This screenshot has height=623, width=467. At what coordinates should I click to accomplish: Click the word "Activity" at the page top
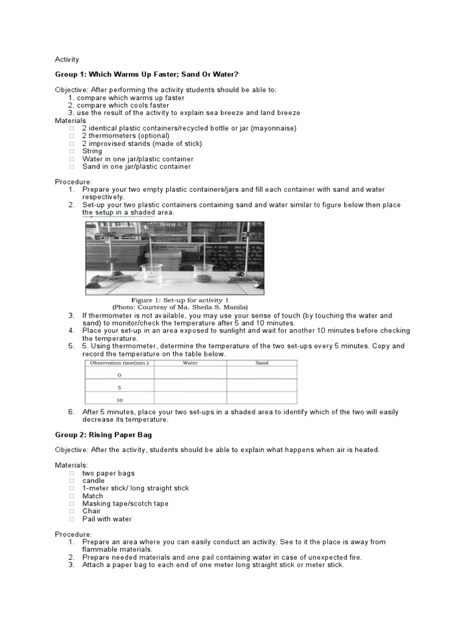(x=67, y=60)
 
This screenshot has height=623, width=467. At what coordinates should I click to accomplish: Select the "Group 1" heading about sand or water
(x=147, y=74)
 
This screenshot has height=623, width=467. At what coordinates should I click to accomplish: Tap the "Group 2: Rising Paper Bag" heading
(x=103, y=435)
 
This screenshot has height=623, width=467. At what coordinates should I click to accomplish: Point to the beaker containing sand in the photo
(x=204, y=274)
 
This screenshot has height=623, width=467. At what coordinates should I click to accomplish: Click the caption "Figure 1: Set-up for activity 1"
(x=180, y=300)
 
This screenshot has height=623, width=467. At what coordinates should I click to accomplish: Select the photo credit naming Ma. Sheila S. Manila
(x=180, y=307)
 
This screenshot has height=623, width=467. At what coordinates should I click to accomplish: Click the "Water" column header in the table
(x=190, y=363)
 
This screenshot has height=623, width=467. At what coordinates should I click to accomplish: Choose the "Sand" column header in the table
(x=262, y=363)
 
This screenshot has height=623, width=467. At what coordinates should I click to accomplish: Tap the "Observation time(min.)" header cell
(x=119, y=363)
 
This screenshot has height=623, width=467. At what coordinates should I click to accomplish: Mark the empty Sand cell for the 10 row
(x=262, y=399)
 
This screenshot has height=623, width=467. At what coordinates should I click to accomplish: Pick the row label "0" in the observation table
(x=119, y=375)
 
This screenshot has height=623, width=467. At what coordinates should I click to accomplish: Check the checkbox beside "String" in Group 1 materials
(x=72, y=151)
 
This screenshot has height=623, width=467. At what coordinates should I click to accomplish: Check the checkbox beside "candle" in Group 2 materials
(x=72, y=481)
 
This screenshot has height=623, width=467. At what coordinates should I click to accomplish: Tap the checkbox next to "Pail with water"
(x=72, y=519)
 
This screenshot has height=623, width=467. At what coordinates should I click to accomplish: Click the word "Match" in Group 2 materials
(x=93, y=496)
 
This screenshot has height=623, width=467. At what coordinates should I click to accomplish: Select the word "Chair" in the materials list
(x=92, y=511)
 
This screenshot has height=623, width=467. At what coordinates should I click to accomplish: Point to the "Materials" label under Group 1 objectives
(x=71, y=120)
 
